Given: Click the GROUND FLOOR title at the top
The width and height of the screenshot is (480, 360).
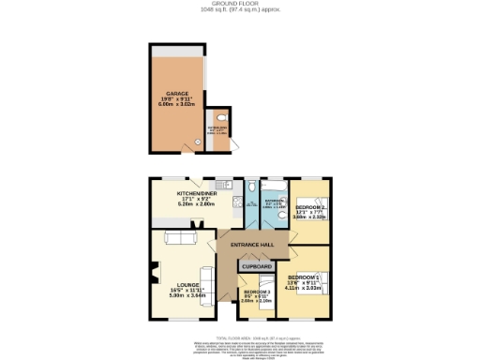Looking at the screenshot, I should (x=239, y=5).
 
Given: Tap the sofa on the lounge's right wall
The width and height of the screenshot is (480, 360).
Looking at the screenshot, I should (x=210, y=283).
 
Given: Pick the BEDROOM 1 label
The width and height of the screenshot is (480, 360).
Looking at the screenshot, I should (x=304, y=278).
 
